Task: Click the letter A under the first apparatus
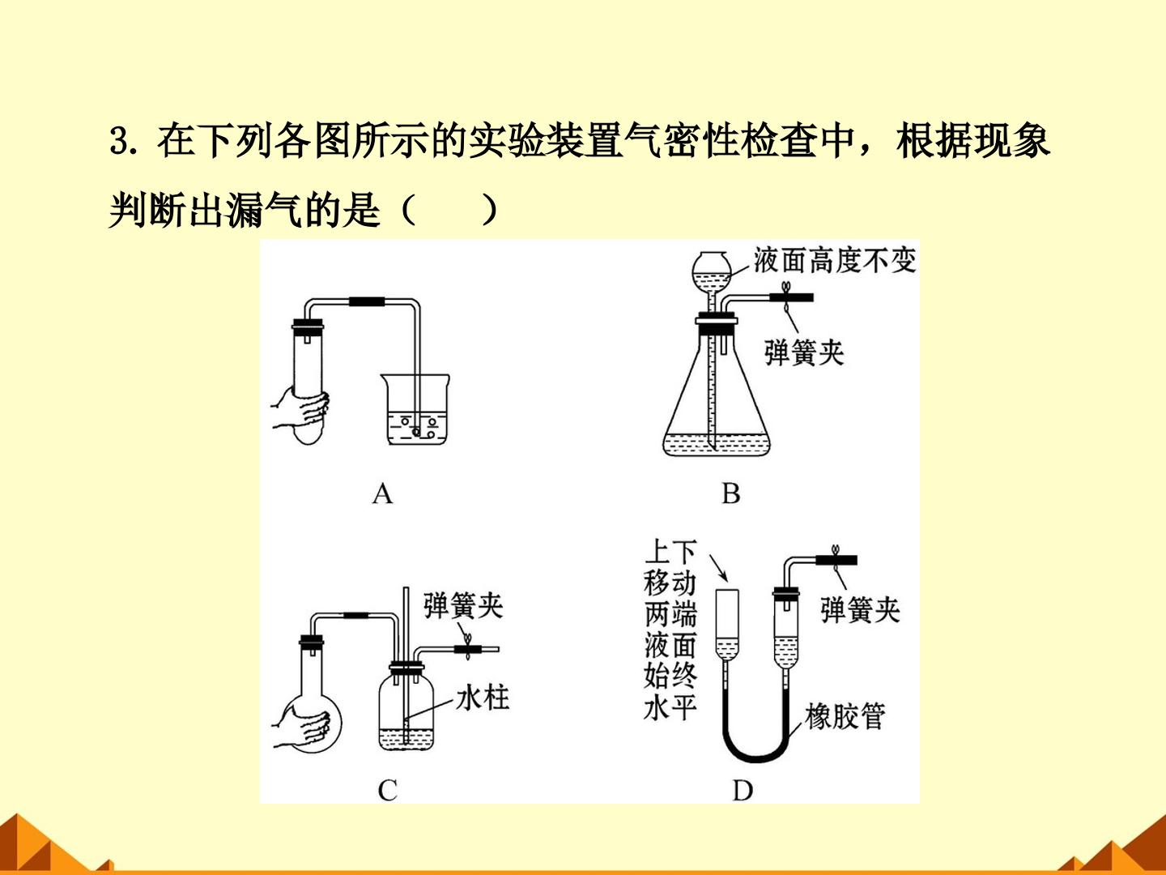(382, 493)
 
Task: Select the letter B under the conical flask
(731, 493)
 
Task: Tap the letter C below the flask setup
(388, 790)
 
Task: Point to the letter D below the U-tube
(743, 791)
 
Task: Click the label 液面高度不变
(835, 260)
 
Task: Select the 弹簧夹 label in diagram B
(804, 352)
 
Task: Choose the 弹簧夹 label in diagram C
(463, 605)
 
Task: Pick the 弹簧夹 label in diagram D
(861, 609)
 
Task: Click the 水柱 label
(483, 698)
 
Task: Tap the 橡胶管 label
(845, 716)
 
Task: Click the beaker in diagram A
(415, 408)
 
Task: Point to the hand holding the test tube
(300, 409)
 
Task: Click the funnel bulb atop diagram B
(712, 271)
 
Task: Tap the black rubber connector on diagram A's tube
(367, 301)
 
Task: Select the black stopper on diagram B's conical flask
(717, 327)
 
